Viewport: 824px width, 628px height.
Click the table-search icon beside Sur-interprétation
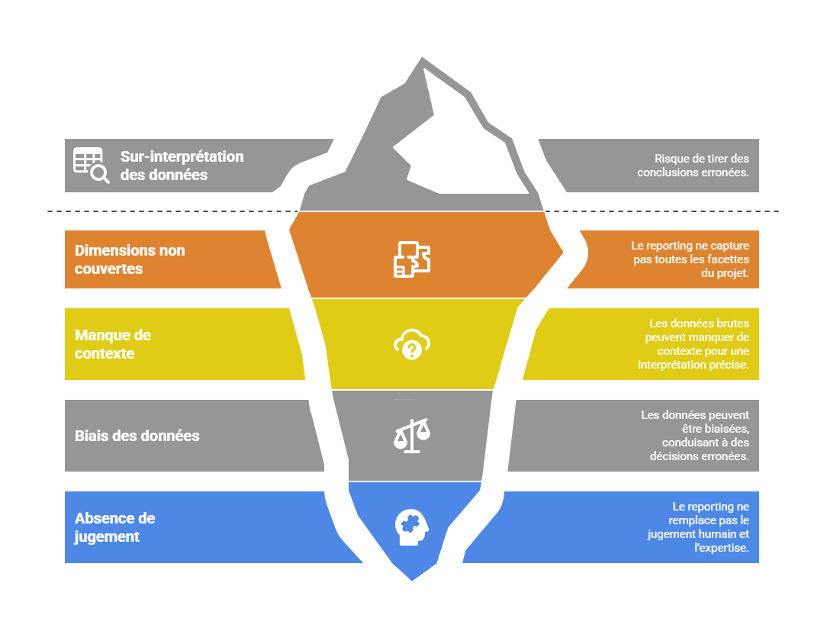click(x=91, y=165)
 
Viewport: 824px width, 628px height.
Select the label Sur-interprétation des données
click(x=182, y=166)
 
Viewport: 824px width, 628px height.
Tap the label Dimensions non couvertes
click(x=130, y=259)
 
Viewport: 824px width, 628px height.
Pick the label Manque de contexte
click(x=113, y=344)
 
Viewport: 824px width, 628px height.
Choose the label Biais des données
click(x=137, y=436)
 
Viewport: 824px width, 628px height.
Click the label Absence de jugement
click(x=114, y=527)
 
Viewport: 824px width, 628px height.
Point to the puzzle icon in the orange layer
click(x=412, y=259)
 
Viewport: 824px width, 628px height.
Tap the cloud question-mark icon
click(x=412, y=345)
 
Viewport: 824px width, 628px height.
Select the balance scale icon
click(x=412, y=436)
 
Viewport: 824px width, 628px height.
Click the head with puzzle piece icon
click(x=412, y=527)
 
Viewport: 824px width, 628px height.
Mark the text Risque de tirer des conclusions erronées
click(x=693, y=166)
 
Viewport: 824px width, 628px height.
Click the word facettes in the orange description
click(x=728, y=259)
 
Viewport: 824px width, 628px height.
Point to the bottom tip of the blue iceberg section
click(x=412, y=581)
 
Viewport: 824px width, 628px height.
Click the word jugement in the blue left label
click(x=107, y=536)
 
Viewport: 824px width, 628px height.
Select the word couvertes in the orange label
click(x=108, y=269)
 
